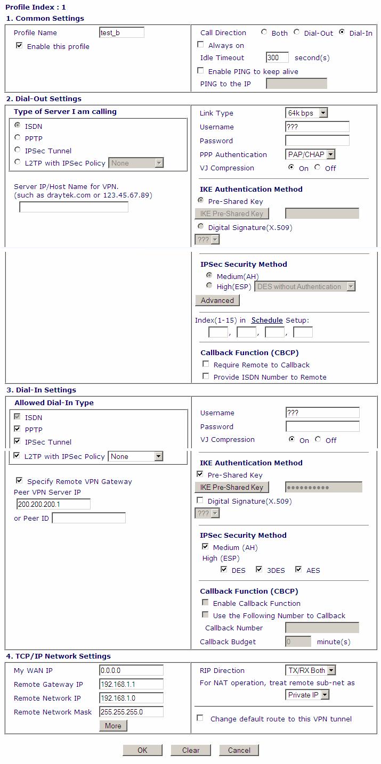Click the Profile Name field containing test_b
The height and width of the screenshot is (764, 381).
[x=121, y=32]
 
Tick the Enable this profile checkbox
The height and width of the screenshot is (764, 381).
[x=19, y=46]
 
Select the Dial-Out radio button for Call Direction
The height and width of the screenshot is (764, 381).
[x=297, y=32]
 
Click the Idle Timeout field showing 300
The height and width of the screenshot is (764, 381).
[x=277, y=57]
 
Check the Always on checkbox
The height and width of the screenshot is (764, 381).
[x=201, y=45]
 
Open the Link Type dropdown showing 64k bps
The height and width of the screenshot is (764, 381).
[x=306, y=113]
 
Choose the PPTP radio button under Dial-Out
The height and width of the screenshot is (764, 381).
[x=18, y=138]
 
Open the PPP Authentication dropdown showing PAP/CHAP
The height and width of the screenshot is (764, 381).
[x=310, y=154]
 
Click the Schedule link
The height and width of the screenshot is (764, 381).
[x=267, y=320]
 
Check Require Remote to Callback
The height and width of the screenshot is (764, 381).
[x=206, y=364]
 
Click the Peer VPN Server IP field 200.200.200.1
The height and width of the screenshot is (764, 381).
[x=53, y=504]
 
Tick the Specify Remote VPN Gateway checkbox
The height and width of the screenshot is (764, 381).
[x=20, y=480]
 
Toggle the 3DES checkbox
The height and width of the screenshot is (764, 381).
[x=260, y=570]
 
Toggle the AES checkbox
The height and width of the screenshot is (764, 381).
[x=298, y=570]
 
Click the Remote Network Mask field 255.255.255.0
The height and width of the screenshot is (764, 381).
[x=131, y=712]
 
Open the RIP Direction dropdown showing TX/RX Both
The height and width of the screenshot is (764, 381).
[x=310, y=670]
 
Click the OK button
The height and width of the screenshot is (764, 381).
[x=142, y=750]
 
